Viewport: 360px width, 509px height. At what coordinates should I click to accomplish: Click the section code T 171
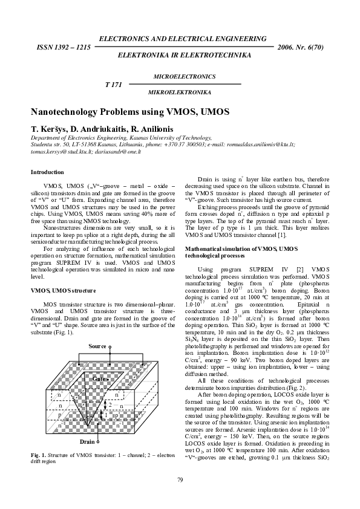click(114, 85)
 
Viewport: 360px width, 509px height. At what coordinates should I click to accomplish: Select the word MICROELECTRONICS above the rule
click(185, 77)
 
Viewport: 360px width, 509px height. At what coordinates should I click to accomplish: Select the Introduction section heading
click(47, 172)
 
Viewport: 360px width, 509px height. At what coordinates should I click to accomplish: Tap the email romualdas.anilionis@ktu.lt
click(262, 145)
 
